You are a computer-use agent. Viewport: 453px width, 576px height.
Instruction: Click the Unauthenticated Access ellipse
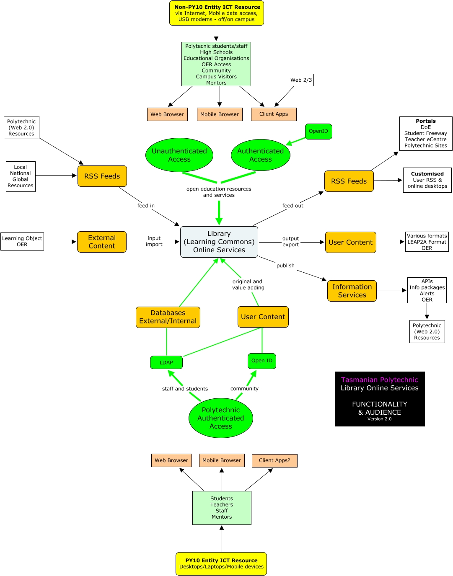[x=179, y=155]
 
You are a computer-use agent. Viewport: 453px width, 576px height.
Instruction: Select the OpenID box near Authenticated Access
[x=318, y=131]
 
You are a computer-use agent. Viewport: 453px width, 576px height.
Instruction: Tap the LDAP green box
[x=166, y=362]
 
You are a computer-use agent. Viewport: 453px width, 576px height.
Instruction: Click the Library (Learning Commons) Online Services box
[x=219, y=242]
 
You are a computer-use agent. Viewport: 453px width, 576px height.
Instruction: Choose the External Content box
[x=102, y=242]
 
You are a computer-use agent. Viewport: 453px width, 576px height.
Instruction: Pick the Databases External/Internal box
[x=168, y=317]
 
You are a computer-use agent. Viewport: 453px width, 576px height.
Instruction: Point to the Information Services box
[x=352, y=291]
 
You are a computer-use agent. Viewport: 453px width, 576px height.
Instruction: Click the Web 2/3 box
[x=301, y=80]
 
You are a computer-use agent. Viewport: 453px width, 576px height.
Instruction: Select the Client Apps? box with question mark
[x=274, y=460]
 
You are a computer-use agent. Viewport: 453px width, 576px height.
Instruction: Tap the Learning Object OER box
[x=22, y=242]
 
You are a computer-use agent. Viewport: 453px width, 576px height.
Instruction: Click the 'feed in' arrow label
[x=146, y=206]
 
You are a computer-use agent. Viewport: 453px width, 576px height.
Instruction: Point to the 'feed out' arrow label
[x=293, y=206]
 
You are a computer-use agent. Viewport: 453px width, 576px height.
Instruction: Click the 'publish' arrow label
[x=285, y=266]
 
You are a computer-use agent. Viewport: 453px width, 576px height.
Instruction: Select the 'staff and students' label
[x=185, y=389]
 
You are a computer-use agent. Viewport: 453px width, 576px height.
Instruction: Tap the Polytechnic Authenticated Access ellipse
[x=221, y=418]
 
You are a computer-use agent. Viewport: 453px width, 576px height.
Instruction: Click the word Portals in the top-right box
[x=426, y=121]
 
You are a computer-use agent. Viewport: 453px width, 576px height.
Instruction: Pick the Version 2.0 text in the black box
[x=380, y=419]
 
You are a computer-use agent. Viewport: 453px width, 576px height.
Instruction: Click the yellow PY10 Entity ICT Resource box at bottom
[x=221, y=563]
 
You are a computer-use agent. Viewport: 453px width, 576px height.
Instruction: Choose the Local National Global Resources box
[x=21, y=176]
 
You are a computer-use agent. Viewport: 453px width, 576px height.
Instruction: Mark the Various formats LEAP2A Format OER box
[x=427, y=242]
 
